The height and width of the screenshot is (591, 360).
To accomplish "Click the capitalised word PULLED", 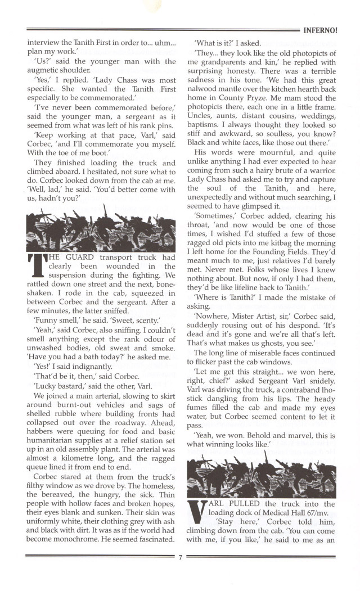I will click(250, 504).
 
